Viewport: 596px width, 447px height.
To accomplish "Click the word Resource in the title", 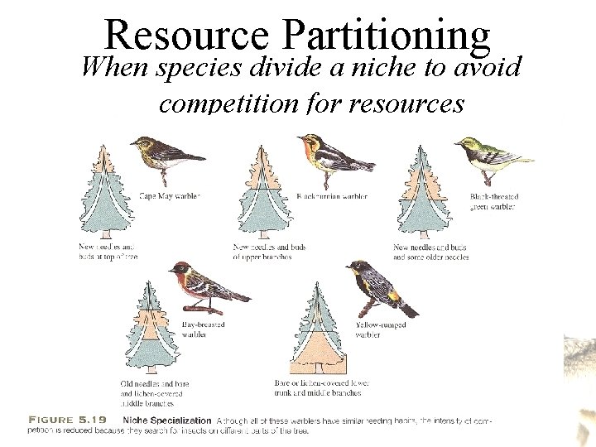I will coord(187,35).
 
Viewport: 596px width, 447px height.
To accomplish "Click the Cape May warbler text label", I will coord(169,196).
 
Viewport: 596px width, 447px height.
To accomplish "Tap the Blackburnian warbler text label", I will coord(332,196).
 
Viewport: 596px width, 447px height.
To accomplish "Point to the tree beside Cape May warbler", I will coord(105,195).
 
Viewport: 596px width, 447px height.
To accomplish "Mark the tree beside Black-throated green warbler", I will coord(423,195).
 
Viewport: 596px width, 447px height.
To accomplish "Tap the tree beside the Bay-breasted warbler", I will coord(147,331).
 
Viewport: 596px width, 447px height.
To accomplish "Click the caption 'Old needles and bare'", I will coord(154,384).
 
